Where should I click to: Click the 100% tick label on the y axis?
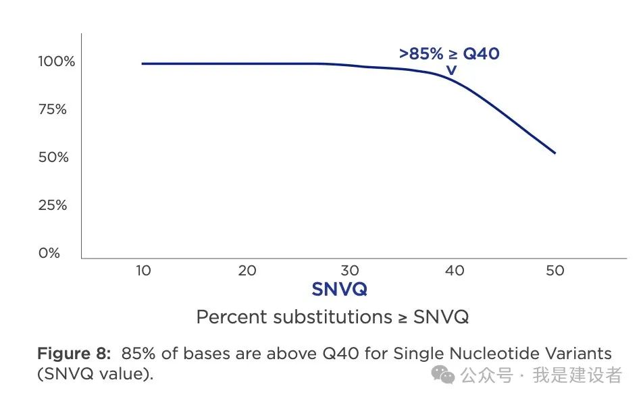[56, 61]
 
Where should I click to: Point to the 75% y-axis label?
[53, 109]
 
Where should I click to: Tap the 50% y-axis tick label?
[53, 157]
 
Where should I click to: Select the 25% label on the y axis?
[53, 205]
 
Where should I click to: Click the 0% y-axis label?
[50, 253]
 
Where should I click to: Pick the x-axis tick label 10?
[143, 271]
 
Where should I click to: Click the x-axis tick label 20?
[247, 271]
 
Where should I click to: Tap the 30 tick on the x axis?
[350, 271]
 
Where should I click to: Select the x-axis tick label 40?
[455, 271]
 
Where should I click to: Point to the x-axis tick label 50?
[555, 271]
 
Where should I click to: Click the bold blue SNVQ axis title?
[339, 290]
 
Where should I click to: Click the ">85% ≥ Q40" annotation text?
[449, 54]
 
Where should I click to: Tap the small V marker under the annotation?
[451, 69]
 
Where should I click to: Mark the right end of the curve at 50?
[555, 153]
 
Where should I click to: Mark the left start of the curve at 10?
[143, 63]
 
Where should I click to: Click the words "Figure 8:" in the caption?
[74, 353]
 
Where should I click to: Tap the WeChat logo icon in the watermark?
[444, 375]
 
